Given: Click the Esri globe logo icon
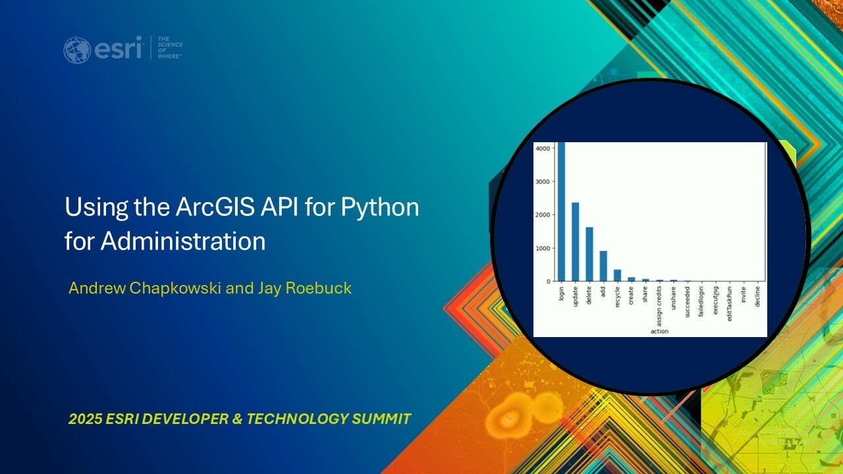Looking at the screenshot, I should coord(77,50).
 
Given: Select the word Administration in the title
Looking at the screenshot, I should coord(183,242).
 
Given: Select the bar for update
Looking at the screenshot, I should coord(575,242).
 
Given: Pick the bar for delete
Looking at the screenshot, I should coord(589,254).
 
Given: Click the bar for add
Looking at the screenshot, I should coord(603,266).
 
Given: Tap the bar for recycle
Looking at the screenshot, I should coord(617,275).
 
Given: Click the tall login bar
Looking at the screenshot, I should coord(561,211).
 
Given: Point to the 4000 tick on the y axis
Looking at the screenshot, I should coord(543,149).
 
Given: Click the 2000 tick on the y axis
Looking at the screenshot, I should coord(543,215).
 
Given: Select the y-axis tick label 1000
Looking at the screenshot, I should coord(543,249).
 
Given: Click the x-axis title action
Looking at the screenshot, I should coord(659,331).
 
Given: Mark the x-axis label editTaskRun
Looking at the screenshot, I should coord(729,302).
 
